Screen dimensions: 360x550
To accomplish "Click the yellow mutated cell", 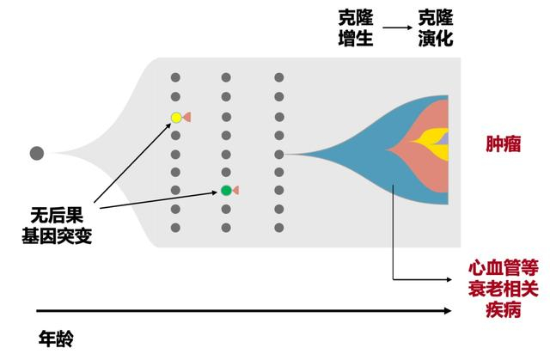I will point(175,117).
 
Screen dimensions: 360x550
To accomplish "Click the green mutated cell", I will point(226,190).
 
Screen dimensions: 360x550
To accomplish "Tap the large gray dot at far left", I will point(37,154).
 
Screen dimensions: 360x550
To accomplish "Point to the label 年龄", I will point(57,336).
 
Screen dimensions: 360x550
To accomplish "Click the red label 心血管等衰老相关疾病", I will point(500,288).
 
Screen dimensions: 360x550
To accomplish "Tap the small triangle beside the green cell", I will point(235,190).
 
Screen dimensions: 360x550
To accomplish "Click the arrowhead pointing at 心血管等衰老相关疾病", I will point(449,278).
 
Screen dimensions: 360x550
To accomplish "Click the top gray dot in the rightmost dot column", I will point(279,77).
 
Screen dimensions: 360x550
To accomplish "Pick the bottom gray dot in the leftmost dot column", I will point(175,228).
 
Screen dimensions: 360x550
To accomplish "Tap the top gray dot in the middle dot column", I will point(226,77).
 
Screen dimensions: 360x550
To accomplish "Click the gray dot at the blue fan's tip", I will point(279,155).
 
